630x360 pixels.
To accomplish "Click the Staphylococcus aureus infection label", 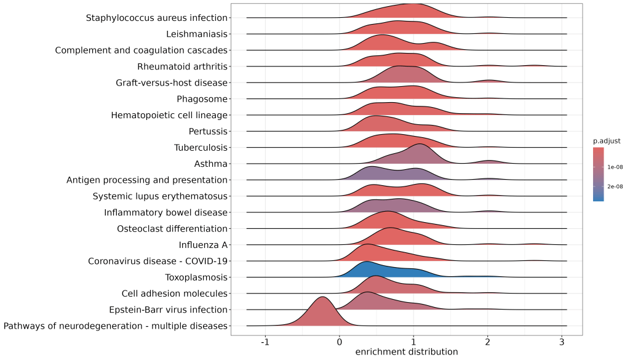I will pyautogui.click(x=157, y=18).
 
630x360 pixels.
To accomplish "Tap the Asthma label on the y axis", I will pyautogui.click(x=211, y=164).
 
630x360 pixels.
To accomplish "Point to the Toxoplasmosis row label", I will pyautogui.click(x=196, y=278).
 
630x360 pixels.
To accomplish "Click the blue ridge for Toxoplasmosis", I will pyautogui.click(x=369, y=271).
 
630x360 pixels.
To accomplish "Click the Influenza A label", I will pyautogui.click(x=202, y=245).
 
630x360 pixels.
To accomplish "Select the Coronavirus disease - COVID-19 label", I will pyautogui.click(x=158, y=261).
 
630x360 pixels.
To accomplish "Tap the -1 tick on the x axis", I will pyautogui.click(x=265, y=342).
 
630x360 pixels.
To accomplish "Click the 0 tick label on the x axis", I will pyautogui.click(x=340, y=342).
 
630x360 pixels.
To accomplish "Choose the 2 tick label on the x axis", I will pyautogui.click(x=488, y=342).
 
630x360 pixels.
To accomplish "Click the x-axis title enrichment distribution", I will pyautogui.click(x=407, y=352).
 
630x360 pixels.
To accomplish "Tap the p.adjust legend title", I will pyautogui.click(x=607, y=141).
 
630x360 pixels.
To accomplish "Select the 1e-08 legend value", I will pyautogui.click(x=616, y=167).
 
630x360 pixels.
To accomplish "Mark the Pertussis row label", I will pyautogui.click(x=208, y=131).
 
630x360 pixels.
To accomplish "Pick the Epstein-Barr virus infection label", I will pyautogui.click(x=168, y=310).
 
